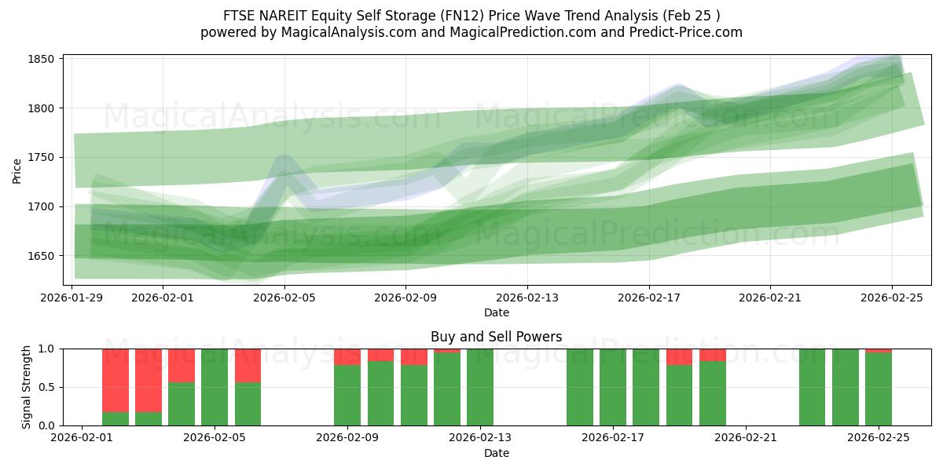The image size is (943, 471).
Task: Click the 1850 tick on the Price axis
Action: point(41,60)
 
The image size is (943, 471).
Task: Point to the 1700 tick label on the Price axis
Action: point(41,206)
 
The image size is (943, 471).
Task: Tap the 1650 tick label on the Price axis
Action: point(41,256)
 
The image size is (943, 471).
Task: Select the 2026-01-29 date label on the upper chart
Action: point(72,298)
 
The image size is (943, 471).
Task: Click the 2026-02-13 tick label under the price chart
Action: point(527,298)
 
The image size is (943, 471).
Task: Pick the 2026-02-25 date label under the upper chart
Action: point(891,298)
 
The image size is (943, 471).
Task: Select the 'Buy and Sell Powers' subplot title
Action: point(496,337)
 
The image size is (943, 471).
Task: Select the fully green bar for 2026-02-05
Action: point(215,387)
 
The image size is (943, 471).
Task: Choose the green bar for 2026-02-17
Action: point(613,387)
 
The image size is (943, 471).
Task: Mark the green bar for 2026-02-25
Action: point(879,389)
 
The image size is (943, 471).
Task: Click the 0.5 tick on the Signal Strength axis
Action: point(46,387)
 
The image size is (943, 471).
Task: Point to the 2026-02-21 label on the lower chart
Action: point(745,438)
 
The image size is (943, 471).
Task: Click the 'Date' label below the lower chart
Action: point(496,453)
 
